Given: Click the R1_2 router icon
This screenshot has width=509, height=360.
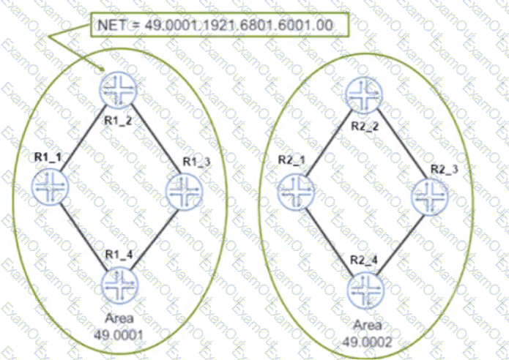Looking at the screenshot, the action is (x=118, y=90).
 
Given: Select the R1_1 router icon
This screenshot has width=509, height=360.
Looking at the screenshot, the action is (x=51, y=187).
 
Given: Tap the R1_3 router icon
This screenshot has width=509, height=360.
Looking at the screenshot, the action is (x=184, y=192).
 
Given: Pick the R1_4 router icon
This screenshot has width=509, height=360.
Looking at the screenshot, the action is (x=119, y=285).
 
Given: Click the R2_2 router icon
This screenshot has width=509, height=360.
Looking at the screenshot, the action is (x=364, y=95).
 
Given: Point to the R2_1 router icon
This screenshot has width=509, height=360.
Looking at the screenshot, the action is (x=296, y=192).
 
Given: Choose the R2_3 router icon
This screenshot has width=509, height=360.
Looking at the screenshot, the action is (x=430, y=197).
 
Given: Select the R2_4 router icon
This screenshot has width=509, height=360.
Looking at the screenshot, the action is (x=365, y=290).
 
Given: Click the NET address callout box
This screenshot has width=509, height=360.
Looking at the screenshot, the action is (x=220, y=25).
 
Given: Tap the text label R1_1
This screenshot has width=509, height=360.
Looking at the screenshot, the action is (x=48, y=157).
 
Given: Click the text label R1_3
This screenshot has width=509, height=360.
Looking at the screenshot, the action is (x=196, y=162).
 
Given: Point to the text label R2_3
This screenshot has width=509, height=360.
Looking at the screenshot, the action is (x=444, y=169).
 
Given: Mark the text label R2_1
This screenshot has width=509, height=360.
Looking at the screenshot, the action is (x=291, y=160).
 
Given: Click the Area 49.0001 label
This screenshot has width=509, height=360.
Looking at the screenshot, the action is (x=119, y=326).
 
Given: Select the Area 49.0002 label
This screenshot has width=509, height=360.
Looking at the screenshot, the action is (x=367, y=333).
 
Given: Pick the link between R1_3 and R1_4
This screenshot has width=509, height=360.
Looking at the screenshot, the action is (x=155, y=240).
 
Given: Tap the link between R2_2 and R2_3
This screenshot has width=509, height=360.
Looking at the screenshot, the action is (x=403, y=144).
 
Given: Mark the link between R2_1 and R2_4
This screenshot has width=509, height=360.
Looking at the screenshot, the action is (x=329, y=242).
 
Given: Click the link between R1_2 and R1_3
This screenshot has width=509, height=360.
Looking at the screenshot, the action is (x=155, y=138).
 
